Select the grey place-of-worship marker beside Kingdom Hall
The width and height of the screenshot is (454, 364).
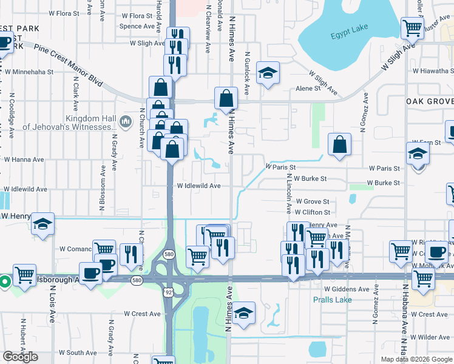(126, 122)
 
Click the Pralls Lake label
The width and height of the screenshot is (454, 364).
(329, 300)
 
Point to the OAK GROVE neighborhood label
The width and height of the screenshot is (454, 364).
(429, 101)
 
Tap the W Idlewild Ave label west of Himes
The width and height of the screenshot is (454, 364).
(198, 186)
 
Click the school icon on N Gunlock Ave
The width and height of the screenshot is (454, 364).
(267, 73)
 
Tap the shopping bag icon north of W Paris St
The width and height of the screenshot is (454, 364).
(339, 144)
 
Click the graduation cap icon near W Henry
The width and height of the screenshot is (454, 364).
(42, 224)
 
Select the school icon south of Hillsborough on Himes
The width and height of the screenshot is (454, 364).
(243, 312)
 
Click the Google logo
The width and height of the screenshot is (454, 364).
(20, 357)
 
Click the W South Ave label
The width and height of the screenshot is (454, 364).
(78, 352)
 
